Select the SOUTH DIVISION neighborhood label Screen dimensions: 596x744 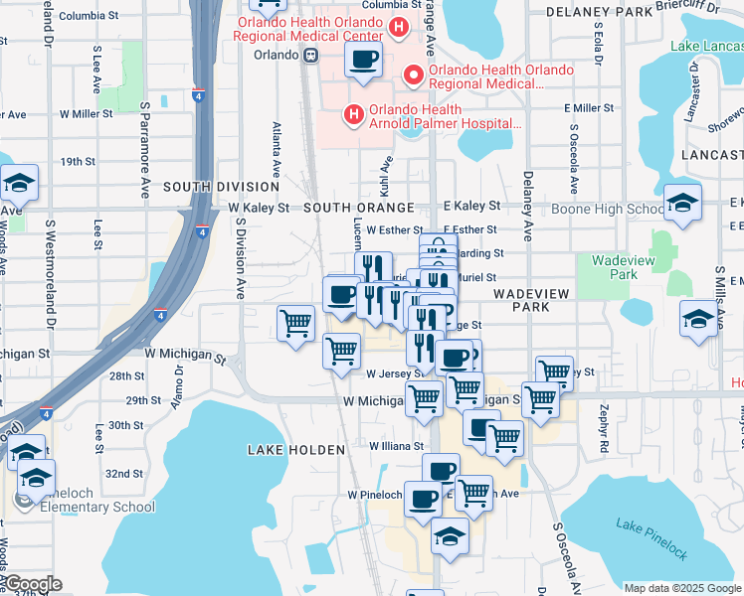point(222,187)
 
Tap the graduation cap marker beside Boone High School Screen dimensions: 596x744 point(683,203)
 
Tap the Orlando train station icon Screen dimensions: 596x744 point(311,55)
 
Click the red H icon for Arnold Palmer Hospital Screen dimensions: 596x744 point(352,116)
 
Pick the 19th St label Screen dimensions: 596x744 point(78,161)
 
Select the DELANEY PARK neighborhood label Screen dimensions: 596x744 point(598,12)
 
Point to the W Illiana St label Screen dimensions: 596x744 point(397,447)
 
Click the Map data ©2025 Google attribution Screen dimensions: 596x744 point(681,587)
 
